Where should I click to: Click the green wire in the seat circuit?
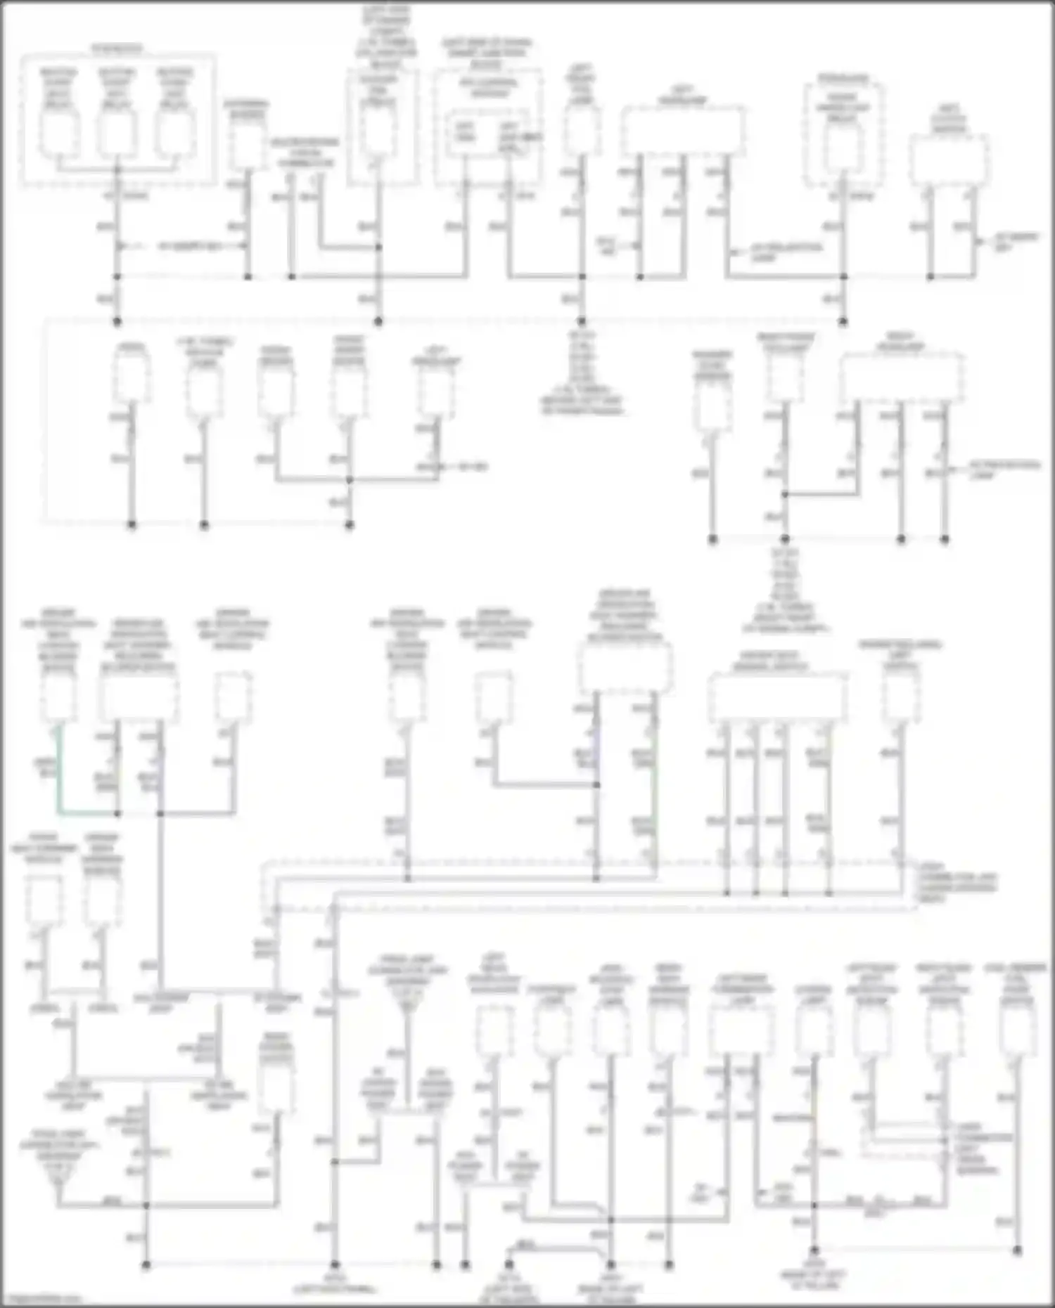58,773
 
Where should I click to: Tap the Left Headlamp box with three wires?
682,131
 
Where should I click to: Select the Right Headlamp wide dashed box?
902,377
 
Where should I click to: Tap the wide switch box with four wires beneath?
777,697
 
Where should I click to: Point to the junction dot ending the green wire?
117,814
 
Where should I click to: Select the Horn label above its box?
131,347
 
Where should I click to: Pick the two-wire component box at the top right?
949,160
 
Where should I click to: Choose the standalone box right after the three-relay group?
247,146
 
